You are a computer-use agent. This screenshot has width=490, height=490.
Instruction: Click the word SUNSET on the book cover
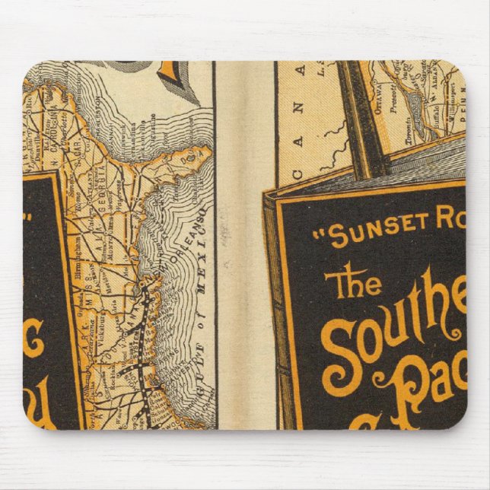coord(369,234)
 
